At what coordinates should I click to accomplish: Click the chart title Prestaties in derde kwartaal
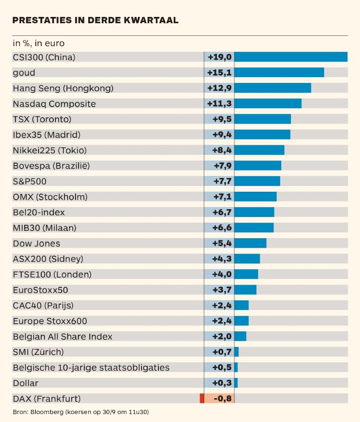[x=95, y=20]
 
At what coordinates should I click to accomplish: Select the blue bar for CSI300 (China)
[x=290, y=57]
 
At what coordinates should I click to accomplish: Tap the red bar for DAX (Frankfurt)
[x=202, y=398]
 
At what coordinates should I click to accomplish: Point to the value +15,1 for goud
[x=220, y=72]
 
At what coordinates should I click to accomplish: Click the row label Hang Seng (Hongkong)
[x=63, y=88]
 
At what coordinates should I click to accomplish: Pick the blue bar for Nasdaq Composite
[x=268, y=104]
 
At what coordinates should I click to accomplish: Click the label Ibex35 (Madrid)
[x=46, y=135]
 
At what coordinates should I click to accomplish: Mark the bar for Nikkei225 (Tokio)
[x=259, y=150]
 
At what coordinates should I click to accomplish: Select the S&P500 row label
[x=30, y=181]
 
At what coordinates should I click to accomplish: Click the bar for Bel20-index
[x=254, y=212]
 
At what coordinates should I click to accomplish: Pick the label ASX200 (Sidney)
[x=48, y=259]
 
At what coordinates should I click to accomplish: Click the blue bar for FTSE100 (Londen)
[x=246, y=274]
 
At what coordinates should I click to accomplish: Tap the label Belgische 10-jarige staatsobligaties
[x=91, y=367]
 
